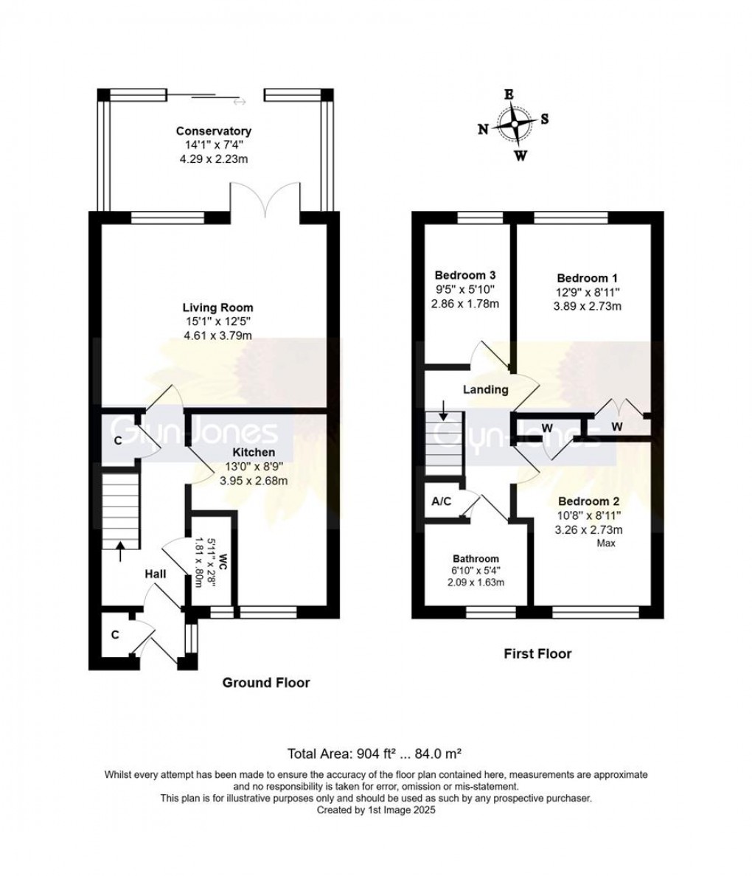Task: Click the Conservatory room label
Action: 213,131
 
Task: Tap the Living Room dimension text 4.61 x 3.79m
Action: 217,335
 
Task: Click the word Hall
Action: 155,574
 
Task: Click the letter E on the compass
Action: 508,94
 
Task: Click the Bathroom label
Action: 476,558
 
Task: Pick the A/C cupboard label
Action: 442,501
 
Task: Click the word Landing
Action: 485,389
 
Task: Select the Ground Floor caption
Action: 266,683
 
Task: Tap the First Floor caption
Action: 537,653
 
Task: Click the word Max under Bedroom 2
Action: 606,543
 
